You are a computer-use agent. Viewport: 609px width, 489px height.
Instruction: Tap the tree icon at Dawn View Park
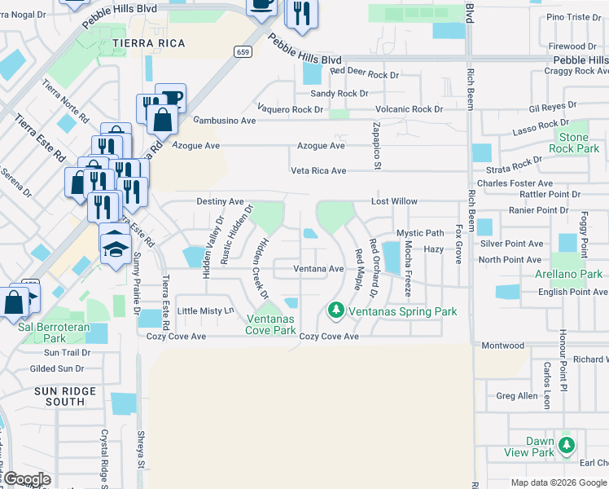click(x=567, y=446)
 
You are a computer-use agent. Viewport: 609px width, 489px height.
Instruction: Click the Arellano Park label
click(x=569, y=275)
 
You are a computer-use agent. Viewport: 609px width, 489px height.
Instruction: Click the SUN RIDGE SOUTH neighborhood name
click(x=65, y=396)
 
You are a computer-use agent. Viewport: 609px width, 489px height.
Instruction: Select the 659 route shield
click(x=242, y=51)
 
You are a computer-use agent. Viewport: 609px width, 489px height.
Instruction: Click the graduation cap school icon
click(x=116, y=244)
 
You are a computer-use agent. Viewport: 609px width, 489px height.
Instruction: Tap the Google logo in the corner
click(x=27, y=479)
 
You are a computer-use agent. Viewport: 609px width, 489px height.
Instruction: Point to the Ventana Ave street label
click(x=318, y=268)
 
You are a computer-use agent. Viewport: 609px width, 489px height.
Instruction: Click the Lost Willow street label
click(x=394, y=201)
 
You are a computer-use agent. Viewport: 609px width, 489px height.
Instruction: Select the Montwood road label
click(x=503, y=346)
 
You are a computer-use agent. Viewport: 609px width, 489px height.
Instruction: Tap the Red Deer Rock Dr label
click(x=365, y=72)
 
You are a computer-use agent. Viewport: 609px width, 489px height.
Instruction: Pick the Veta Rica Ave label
click(x=319, y=171)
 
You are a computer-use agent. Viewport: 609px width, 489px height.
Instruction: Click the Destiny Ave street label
click(x=220, y=201)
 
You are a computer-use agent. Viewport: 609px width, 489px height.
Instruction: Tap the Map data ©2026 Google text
click(x=559, y=482)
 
